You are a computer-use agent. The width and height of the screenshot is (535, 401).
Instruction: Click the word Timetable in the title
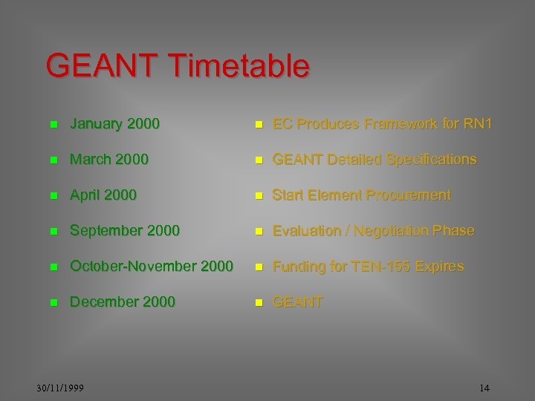point(239,66)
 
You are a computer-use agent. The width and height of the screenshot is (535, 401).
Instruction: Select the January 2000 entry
point(114,123)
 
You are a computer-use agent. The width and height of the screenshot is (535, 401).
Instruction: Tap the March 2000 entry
point(109,159)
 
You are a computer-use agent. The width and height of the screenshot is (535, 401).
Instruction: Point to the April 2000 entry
point(103,195)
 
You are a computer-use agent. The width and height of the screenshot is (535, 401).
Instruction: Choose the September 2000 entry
point(125,230)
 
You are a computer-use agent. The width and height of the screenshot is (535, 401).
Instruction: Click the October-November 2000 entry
point(152,266)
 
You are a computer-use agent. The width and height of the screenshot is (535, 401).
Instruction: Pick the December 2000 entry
point(123,301)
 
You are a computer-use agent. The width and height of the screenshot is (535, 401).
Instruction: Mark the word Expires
point(440,266)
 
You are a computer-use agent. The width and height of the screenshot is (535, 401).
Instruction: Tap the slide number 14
point(484,388)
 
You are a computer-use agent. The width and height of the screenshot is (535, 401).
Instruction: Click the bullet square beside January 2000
point(53,124)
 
